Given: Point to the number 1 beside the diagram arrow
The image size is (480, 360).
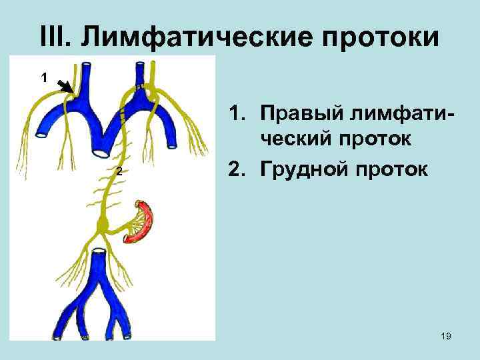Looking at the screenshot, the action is pyautogui.click(x=44, y=78).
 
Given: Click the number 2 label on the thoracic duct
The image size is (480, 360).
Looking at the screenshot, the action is pyautogui.click(x=117, y=173).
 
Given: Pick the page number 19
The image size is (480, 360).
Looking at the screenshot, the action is pyautogui.click(x=446, y=337).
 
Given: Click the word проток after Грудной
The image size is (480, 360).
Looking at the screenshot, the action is pyautogui.click(x=389, y=169).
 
